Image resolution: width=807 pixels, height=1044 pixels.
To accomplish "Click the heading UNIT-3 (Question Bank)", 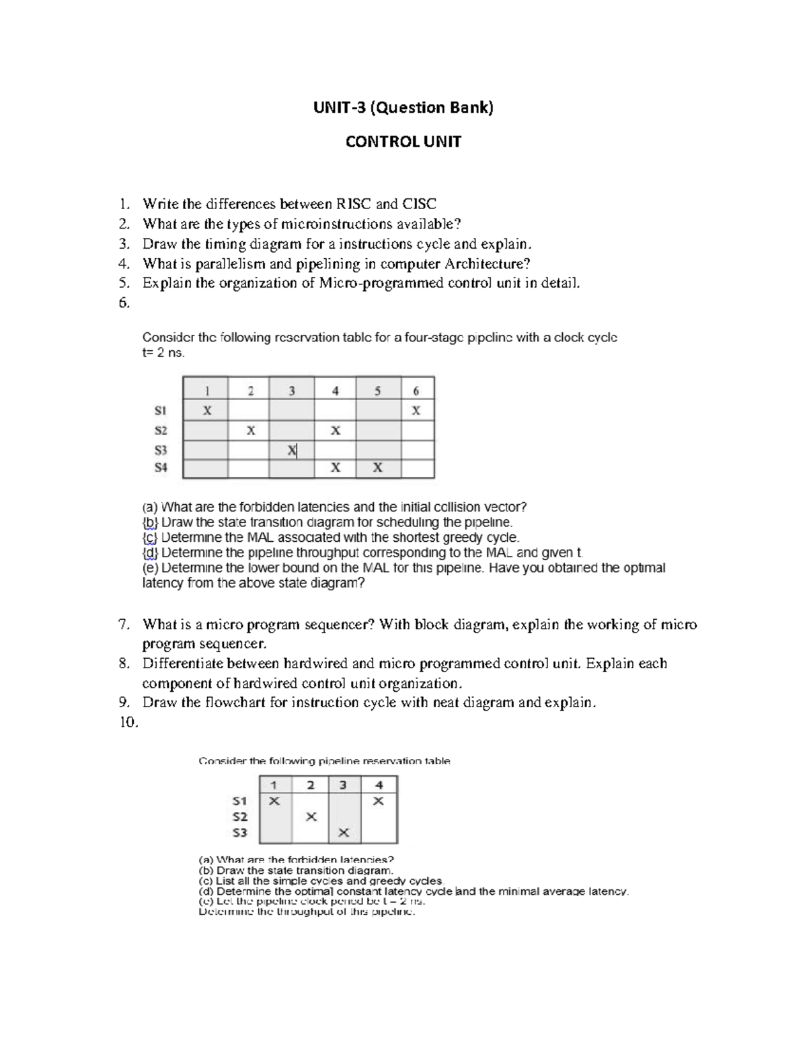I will tap(403, 108).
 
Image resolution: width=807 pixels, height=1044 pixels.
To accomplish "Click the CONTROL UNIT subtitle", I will tap(403, 142).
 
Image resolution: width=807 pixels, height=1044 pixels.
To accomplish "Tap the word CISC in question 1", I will tap(419, 204).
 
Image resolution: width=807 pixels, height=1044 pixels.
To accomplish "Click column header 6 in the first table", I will tap(416, 391).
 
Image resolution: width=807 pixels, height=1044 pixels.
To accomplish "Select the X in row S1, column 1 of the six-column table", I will tap(207, 410).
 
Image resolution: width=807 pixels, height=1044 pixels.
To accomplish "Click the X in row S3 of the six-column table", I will tap(291, 450).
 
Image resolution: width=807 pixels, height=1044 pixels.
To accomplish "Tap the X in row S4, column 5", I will tap(377, 468).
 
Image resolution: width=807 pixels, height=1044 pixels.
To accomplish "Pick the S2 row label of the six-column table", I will tap(160, 430).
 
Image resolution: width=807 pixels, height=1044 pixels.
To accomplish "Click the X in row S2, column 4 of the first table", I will tap(335, 430).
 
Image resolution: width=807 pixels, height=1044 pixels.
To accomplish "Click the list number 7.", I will tap(123, 625).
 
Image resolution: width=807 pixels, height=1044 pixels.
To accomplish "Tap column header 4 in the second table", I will tap(379, 785).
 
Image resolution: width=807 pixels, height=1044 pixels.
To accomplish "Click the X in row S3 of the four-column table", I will tap(344, 833).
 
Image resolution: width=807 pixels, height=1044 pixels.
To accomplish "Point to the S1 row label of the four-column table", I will tap(240, 801).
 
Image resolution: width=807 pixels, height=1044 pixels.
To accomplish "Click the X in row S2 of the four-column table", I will tap(311, 817).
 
